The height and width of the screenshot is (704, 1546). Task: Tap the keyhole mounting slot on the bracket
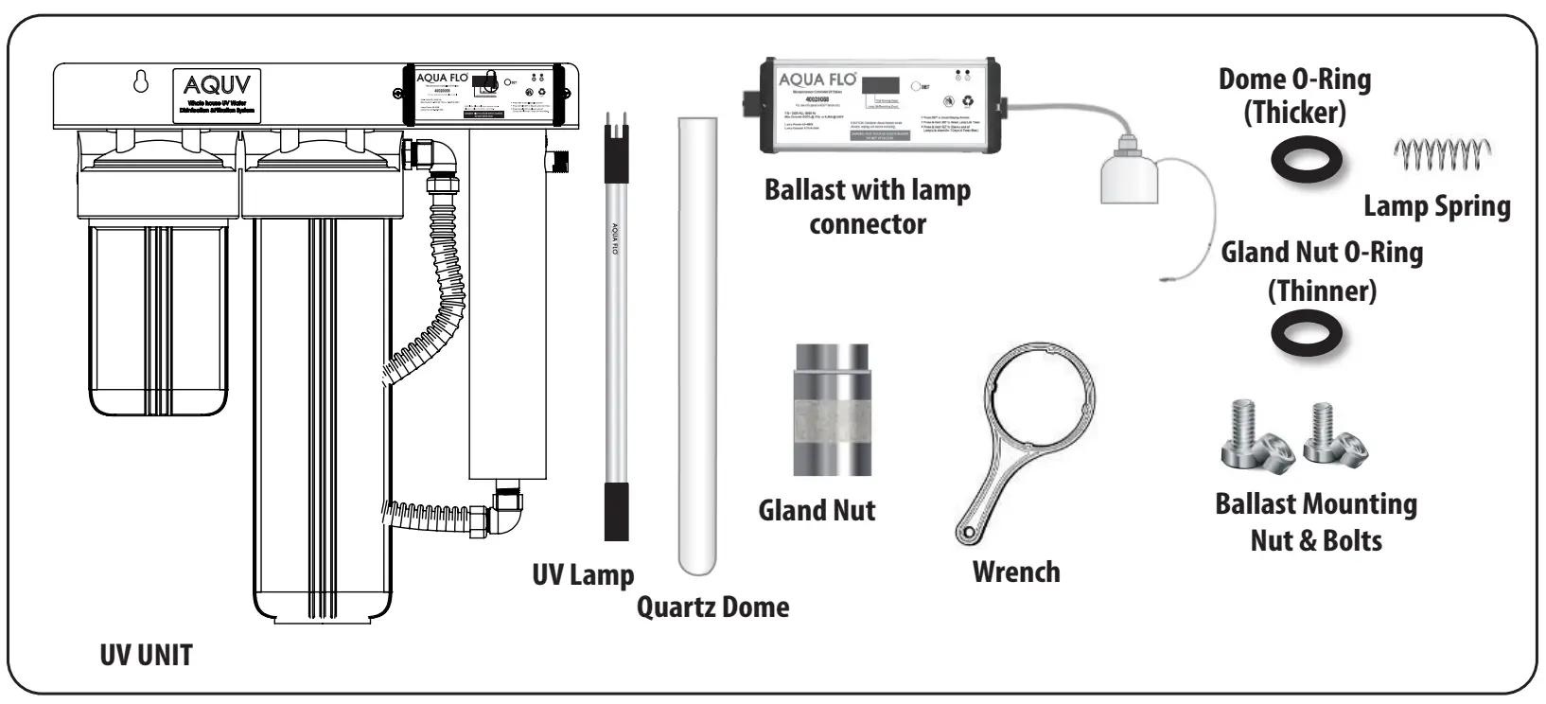[141, 82]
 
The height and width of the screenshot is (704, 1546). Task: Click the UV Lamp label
[583, 574]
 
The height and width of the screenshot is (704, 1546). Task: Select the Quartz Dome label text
[712, 606]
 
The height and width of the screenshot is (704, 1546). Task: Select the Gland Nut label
[817, 511]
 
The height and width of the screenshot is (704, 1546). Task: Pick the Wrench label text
[1016, 572]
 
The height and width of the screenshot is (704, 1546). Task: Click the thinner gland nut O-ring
[1307, 335]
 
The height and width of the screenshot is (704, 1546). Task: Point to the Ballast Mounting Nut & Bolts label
[1316, 522]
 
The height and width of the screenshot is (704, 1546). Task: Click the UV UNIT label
[146, 655]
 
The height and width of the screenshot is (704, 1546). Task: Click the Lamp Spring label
[1436, 206]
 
